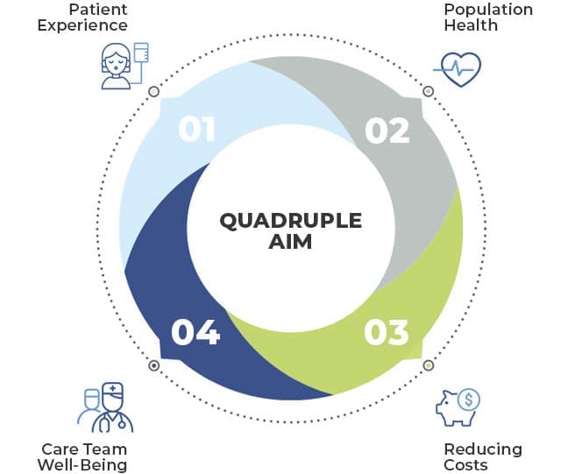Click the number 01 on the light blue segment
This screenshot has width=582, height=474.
[x=196, y=129]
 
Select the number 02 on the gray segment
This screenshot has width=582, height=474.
[x=387, y=131]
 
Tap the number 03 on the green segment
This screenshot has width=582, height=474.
[x=387, y=332]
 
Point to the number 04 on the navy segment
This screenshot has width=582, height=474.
[x=195, y=332]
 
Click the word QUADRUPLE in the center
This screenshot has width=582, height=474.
[x=291, y=221]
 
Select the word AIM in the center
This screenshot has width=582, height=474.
[x=290, y=242]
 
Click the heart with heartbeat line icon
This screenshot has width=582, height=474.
[x=458, y=69]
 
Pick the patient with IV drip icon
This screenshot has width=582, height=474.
[x=124, y=66]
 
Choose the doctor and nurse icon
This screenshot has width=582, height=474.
[x=105, y=407]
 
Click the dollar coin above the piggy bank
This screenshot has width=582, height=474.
[x=468, y=400]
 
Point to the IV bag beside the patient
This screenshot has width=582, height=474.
[x=141, y=53]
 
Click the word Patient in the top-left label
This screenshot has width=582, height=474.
[x=98, y=10]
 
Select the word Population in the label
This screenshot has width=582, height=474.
[x=488, y=10]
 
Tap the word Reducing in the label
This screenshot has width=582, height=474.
[x=483, y=449]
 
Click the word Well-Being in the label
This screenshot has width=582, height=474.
[x=82, y=465]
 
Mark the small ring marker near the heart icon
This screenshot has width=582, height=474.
[x=429, y=91]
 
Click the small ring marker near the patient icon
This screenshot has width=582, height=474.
[x=153, y=92]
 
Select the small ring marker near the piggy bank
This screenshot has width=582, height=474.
[x=429, y=365]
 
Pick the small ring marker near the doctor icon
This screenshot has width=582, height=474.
[x=153, y=365]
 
